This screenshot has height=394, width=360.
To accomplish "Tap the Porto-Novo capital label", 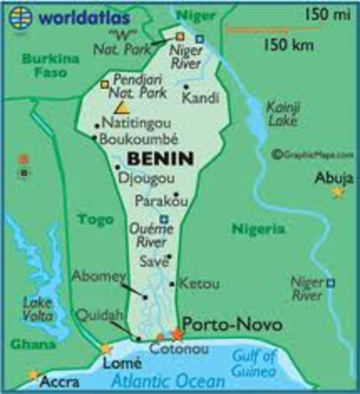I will click(231, 326).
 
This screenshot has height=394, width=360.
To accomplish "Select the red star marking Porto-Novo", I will click(176, 334).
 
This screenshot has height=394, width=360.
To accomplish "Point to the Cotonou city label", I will click(171, 349).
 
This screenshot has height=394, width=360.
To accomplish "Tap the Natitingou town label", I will click(134, 124).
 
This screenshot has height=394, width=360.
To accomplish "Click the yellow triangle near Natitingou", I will click(121, 107).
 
